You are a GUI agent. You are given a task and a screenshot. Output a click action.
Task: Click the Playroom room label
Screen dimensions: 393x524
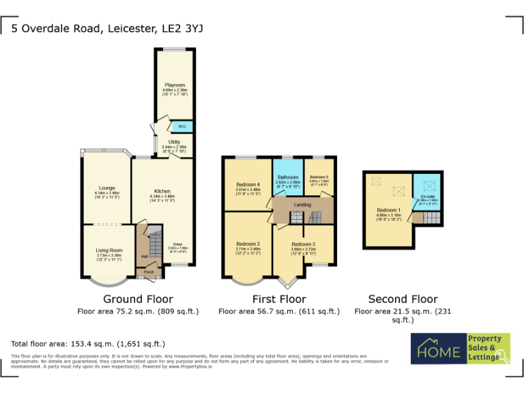(174, 85)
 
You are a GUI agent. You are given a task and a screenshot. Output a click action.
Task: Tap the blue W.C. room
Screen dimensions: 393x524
(182, 127)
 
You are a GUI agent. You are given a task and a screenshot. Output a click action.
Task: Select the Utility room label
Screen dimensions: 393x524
(174, 141)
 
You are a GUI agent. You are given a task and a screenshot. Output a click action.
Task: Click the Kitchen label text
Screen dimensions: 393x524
(162, 191)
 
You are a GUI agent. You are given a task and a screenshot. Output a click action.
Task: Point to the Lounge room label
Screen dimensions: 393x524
(106, 188)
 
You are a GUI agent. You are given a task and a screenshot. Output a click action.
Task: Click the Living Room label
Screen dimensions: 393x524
(108, 250)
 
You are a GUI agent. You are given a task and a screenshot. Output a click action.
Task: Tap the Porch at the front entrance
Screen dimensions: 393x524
(148, 272)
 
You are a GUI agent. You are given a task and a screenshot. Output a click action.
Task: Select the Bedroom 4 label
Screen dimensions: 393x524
(248, 184)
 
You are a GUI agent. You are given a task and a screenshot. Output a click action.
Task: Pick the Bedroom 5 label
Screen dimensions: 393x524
(319, 177)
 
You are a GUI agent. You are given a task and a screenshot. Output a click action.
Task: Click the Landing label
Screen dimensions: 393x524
(302, 205)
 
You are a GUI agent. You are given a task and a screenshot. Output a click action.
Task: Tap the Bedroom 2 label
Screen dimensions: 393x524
(248, 244)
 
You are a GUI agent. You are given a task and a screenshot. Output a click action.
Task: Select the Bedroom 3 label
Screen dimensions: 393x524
(303, 244)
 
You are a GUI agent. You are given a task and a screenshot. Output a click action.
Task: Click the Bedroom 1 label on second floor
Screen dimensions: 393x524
(388, 209)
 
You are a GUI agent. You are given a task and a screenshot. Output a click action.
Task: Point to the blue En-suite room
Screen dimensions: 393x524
(427, 196)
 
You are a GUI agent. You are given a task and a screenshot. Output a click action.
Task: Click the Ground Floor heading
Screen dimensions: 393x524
(138, 299)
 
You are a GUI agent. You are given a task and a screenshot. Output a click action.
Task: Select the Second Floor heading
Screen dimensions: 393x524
(403, 299)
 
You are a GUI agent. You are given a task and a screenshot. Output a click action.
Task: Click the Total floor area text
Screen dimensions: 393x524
(87, 343)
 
